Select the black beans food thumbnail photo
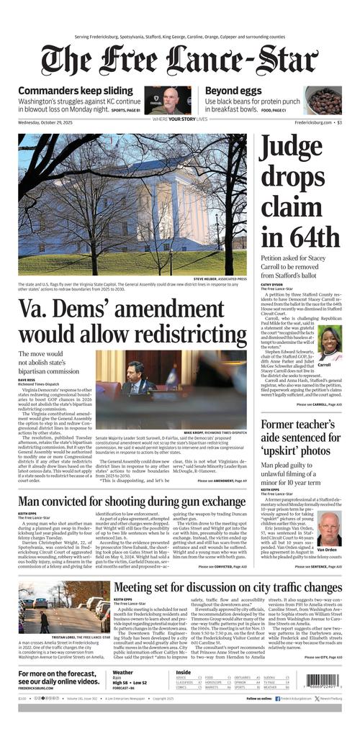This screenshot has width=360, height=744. coord(323,101)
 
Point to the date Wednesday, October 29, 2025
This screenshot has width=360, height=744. coord(50,122)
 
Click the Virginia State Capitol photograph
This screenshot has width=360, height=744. coord(132,203)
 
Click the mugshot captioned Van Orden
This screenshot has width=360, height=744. coord(329,529)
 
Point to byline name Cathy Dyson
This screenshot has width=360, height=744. coord(271,284)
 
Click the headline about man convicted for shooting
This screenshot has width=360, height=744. coord(132,501)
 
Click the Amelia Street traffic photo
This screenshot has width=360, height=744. coord(64,607)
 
